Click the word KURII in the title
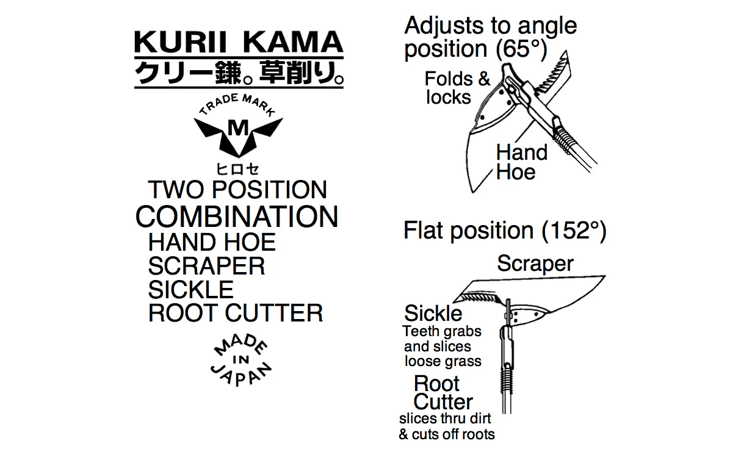(181, 42)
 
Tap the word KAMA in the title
(293, 42)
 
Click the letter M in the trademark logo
(238, 127)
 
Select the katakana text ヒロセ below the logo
(237, 169)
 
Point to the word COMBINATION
(237, 217)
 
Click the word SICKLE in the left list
(191, 290)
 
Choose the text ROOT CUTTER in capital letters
(236, 313)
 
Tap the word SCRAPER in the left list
(206, 266)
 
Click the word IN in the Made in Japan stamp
(241, 360)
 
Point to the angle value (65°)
(521, 49)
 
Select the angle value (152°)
(574, 231)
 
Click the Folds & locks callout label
(457, 88)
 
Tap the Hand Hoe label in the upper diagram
(522, 162)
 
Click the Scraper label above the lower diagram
(535, 264)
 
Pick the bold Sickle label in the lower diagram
(433, 313)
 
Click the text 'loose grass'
(443, 361)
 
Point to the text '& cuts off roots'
(447, 434)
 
